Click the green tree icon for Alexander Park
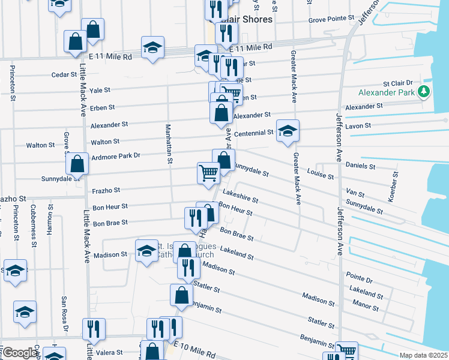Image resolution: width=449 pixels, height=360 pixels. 424,92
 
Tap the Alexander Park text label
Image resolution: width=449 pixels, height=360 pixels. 387,92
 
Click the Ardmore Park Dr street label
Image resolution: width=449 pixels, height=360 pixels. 115,155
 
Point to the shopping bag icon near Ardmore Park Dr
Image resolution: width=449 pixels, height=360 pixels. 77,163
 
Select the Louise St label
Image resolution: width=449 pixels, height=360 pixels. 320,175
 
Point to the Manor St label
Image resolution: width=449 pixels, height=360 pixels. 366,308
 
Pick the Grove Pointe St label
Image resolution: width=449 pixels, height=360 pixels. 332,19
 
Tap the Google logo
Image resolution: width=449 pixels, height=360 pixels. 20,352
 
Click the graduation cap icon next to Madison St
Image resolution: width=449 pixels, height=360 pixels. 146,251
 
